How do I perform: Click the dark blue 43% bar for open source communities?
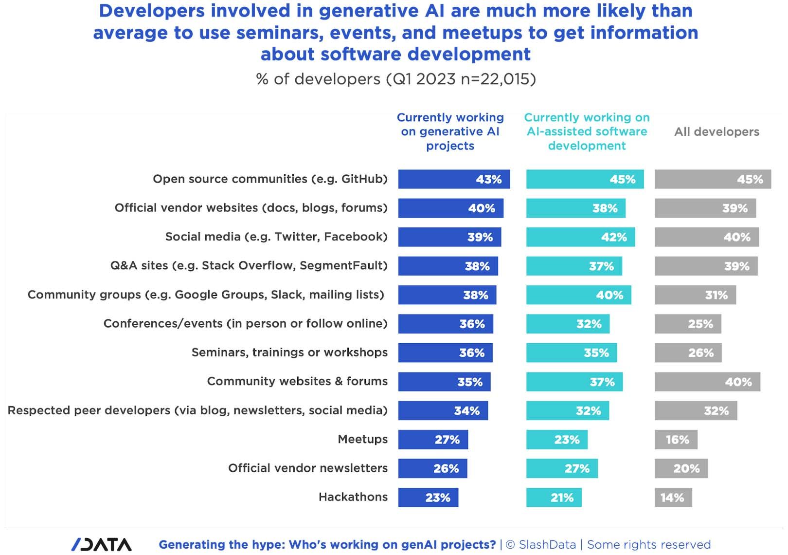click(453, 179)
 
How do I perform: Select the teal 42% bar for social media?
click(580, 237)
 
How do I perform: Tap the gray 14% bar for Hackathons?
click(673, 498)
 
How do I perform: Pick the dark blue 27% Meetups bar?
click(433, 440)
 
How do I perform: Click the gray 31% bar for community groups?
click(695, 295)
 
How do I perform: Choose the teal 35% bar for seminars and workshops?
click(572, 353)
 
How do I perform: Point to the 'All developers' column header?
click(716, 132)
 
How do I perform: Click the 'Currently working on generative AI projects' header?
click(450, 131)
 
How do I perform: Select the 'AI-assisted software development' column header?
click(587, 131)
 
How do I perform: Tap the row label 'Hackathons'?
click(353, 497)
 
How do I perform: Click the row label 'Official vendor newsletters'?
click(308, 468)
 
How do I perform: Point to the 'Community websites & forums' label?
click(297, 381)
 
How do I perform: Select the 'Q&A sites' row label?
click(249, 266)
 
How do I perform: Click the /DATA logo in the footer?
click(102, 544)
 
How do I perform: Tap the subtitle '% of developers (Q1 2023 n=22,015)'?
click(396, 79)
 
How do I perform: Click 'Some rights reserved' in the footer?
click(649, 545)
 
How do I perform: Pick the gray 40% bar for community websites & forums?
click(707, 382)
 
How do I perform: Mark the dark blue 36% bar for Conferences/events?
click(445, 324)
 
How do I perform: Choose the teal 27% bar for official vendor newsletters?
click(562, 468)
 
